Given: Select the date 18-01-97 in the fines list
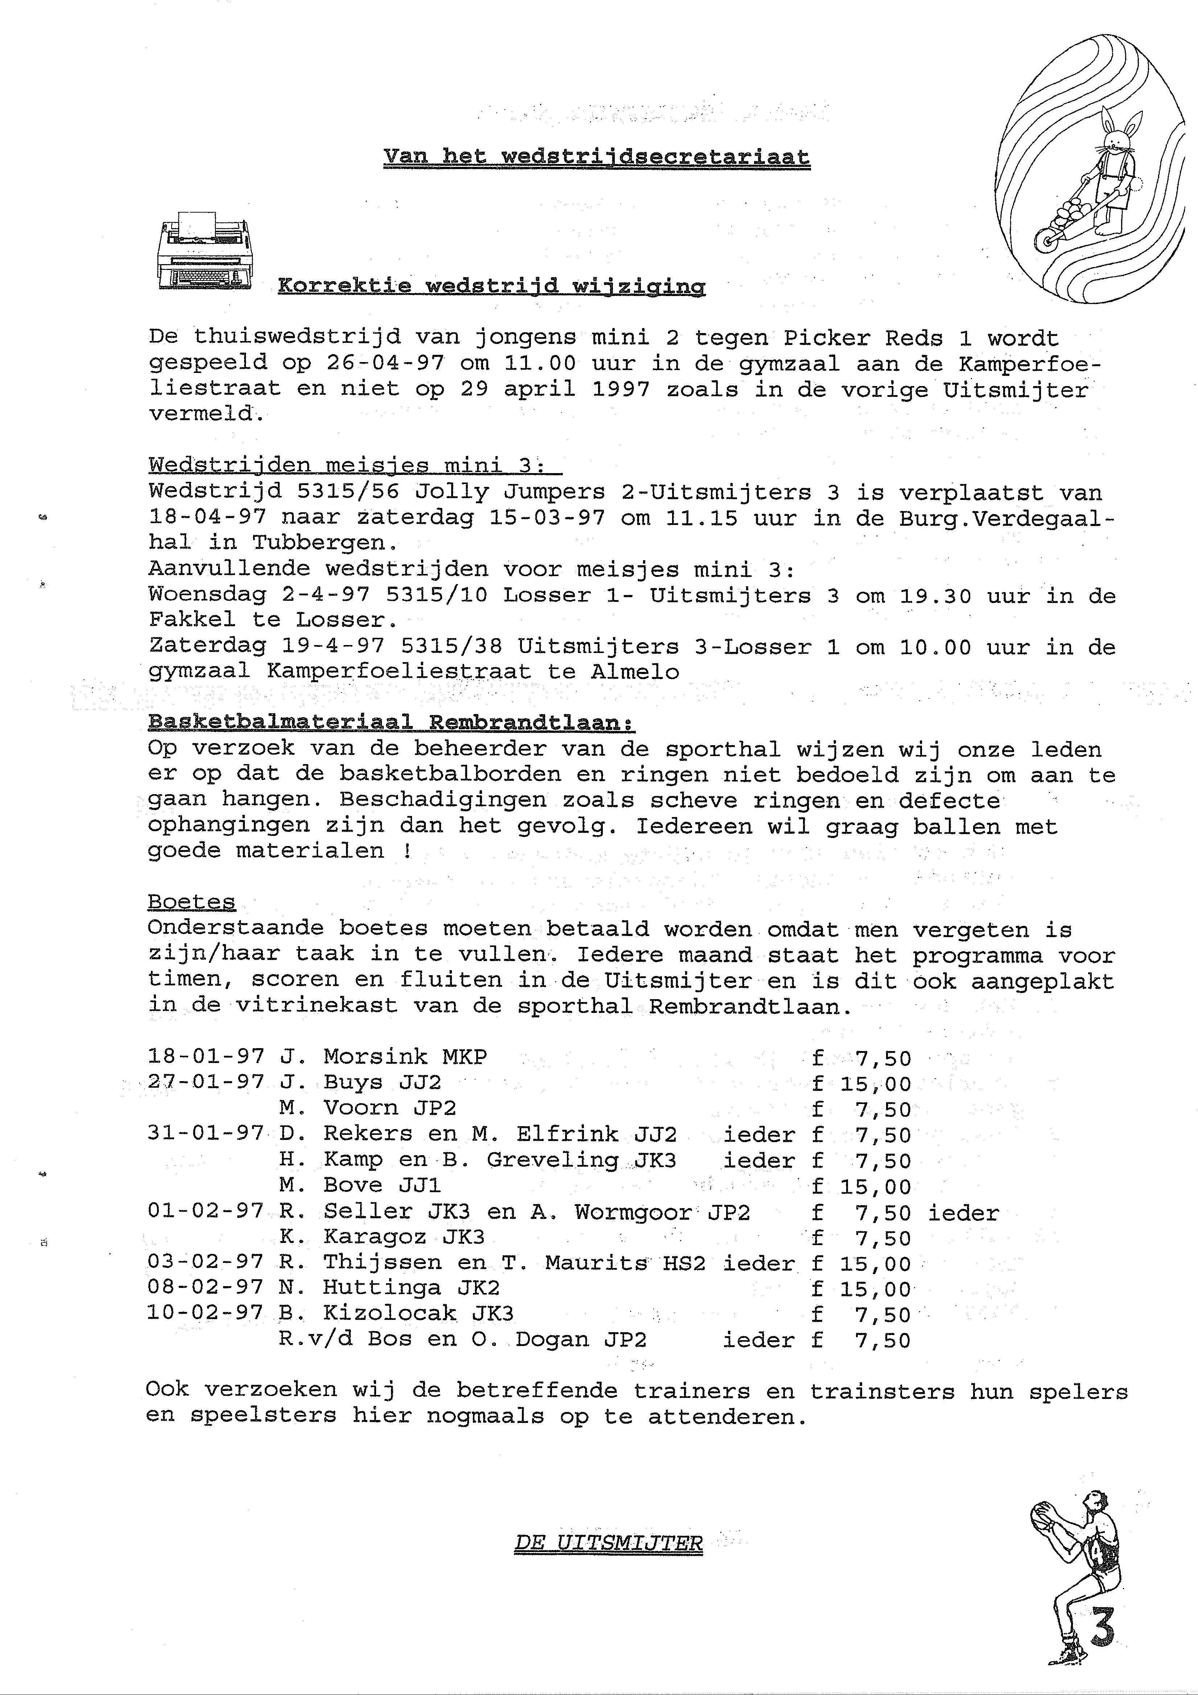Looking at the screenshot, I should (x=205, y=1057).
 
